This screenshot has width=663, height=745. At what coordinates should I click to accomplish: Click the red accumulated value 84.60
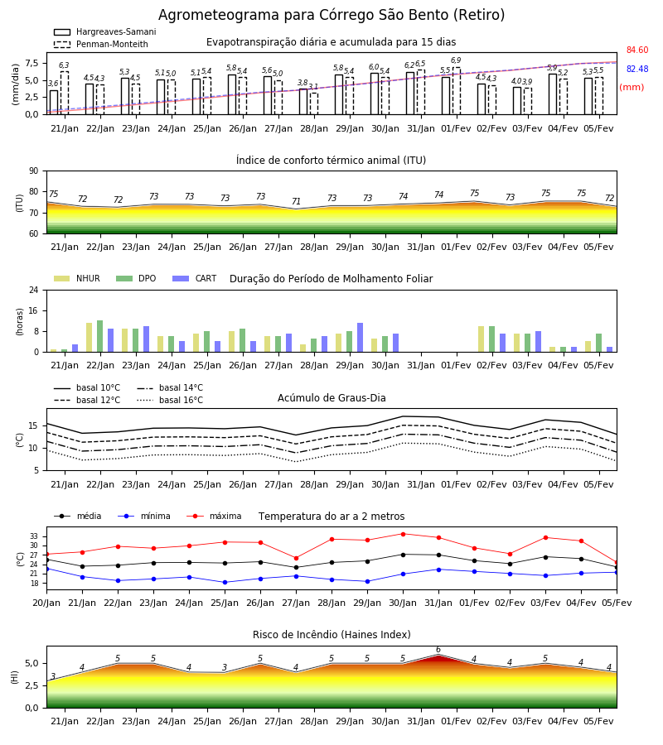636,50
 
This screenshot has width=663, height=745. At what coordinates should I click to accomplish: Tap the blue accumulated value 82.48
636,69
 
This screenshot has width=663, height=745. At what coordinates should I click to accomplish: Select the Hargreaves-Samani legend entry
105,31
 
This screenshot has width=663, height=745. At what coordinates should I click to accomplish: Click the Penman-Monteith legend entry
101,44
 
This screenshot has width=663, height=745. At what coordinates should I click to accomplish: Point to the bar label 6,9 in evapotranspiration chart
456,60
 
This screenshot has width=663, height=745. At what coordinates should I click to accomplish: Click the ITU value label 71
296,201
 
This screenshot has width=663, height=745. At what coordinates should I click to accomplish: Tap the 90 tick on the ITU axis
34,171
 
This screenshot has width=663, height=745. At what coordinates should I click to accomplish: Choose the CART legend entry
195,278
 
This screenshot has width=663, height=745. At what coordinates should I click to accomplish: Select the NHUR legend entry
77,278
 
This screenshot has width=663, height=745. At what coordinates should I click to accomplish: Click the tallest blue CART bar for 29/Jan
360,338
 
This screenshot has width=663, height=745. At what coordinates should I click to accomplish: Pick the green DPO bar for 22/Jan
100,336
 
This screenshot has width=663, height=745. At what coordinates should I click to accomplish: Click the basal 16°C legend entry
170,400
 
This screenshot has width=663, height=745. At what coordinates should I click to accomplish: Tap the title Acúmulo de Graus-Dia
331,398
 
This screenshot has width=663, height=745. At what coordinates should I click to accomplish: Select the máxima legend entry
214,516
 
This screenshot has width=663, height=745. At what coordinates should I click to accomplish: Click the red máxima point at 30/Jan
403,534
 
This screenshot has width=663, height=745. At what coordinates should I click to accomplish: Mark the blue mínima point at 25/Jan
225,582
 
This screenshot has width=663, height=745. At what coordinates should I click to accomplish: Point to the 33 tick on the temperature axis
34,536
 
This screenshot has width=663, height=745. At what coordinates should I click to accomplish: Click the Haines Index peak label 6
438,650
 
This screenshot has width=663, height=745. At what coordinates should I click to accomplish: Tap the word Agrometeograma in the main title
220,15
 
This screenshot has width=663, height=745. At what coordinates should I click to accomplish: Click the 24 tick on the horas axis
34,290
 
